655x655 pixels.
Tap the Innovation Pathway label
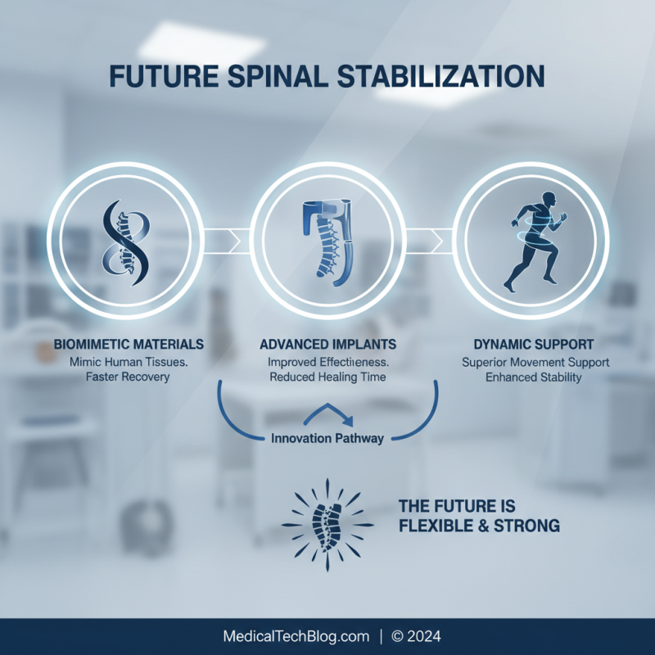tap(327, 438)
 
